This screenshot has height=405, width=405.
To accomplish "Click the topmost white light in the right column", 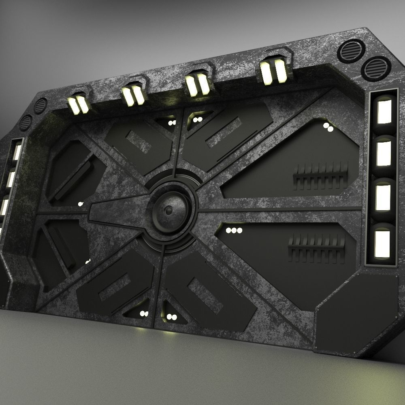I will click(384, 111).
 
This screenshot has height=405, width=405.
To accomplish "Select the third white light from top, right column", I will click(383, 197).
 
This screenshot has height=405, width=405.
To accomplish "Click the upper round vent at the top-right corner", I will click(351, 50).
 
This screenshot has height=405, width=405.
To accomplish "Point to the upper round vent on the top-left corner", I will click(40, 106).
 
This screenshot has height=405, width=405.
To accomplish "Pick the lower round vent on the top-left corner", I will click(26, 122).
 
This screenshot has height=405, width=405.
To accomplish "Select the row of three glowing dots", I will click(234, 230).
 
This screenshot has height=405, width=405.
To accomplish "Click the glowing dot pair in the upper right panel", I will click(328, 127).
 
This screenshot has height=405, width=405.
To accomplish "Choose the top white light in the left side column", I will click(17, 153).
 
